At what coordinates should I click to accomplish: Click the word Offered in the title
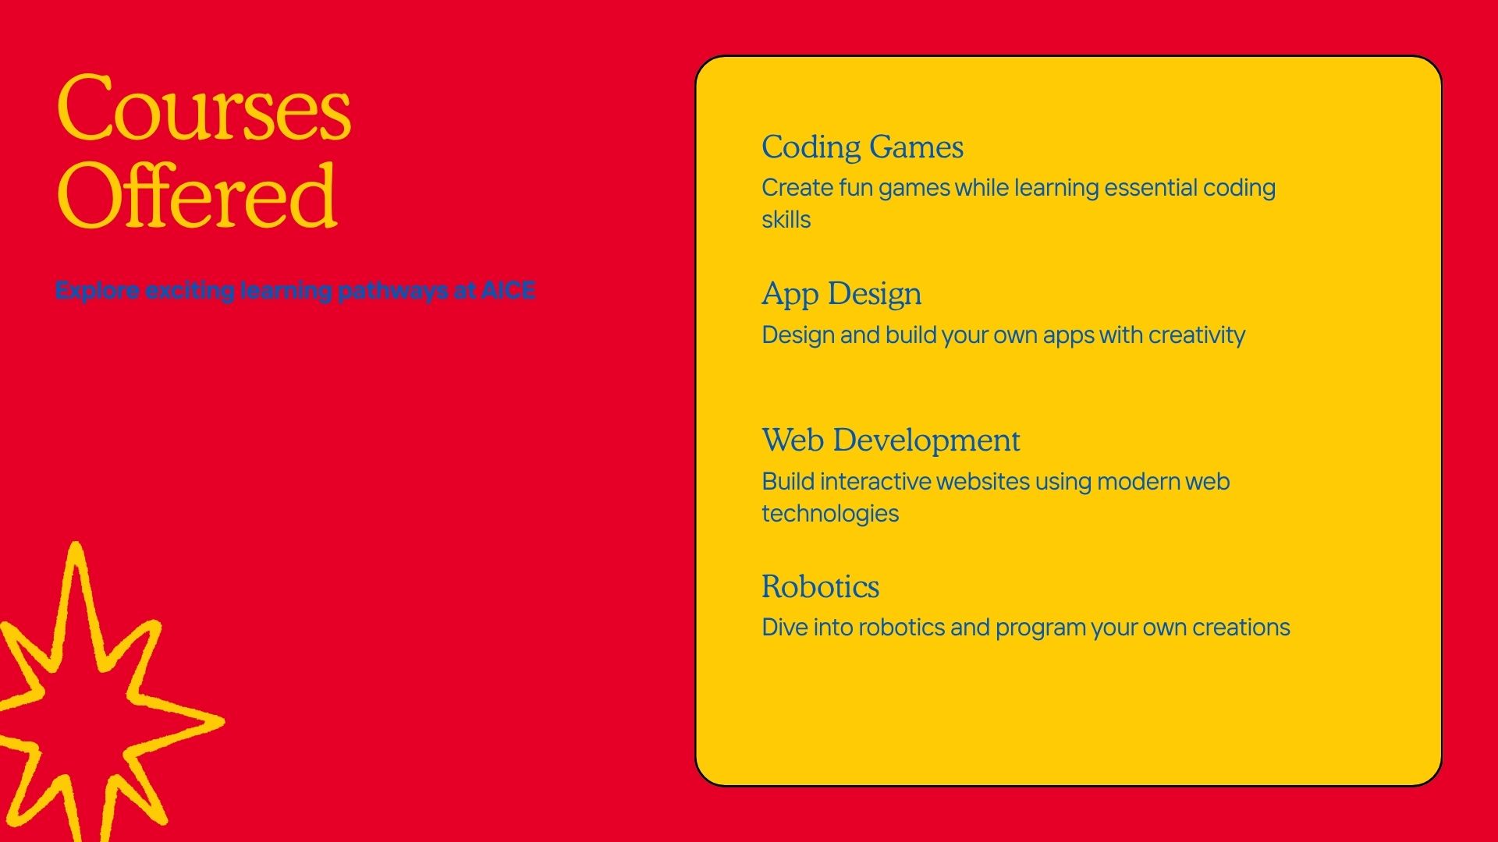pyautogui.click(x=197, y=195)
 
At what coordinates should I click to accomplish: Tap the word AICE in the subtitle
pyautogui.click(x=508, y=290)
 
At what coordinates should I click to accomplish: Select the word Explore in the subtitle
pyautogui.click(x=98, y=291)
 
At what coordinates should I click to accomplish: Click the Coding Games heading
pyautogui.click(x=863, y=147)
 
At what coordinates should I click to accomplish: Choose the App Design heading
pyautogui.click(x=842, y=295)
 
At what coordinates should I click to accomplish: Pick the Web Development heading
pyautogui.click(x=891, y=440)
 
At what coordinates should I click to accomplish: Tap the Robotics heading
pyautogui.click(x=821, y=587)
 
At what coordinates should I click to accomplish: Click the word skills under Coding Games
pyautogui.click(x=786, y=220)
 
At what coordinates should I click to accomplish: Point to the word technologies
pyautogui.click(x=830, y=514)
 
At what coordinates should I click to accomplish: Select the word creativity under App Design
pyautogui.click(x=1197, y=335)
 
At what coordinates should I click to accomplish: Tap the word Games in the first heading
pyautogui.click(x=917, y=147)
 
